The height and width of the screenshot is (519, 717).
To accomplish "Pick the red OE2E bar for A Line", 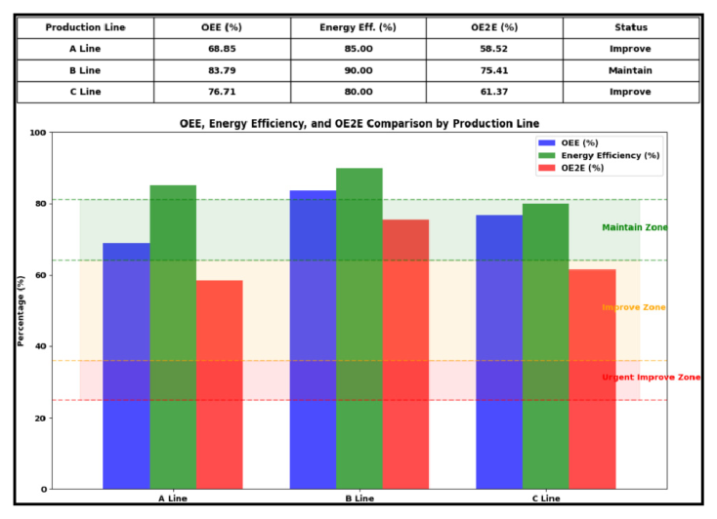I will (219, 384).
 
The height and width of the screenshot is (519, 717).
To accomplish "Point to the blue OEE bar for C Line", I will (499, 351).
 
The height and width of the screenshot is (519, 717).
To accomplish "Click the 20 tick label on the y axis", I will (39, 418).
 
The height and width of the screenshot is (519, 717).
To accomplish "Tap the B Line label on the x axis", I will (358, 499).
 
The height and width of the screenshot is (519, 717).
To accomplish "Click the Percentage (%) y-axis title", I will (21, 310).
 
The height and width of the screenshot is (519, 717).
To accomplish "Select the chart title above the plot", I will (358, 124).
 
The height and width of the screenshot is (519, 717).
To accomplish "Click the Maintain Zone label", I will (635, 227).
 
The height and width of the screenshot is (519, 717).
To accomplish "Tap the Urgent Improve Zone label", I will (651, 377).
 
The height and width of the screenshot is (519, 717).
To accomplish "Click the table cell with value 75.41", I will (494, 70).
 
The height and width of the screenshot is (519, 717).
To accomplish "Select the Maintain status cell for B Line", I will (631, 70).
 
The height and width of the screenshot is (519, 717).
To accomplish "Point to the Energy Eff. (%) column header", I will (358, 27).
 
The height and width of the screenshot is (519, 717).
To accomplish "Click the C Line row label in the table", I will (85, 92).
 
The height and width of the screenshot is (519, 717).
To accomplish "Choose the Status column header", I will (631, 27).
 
